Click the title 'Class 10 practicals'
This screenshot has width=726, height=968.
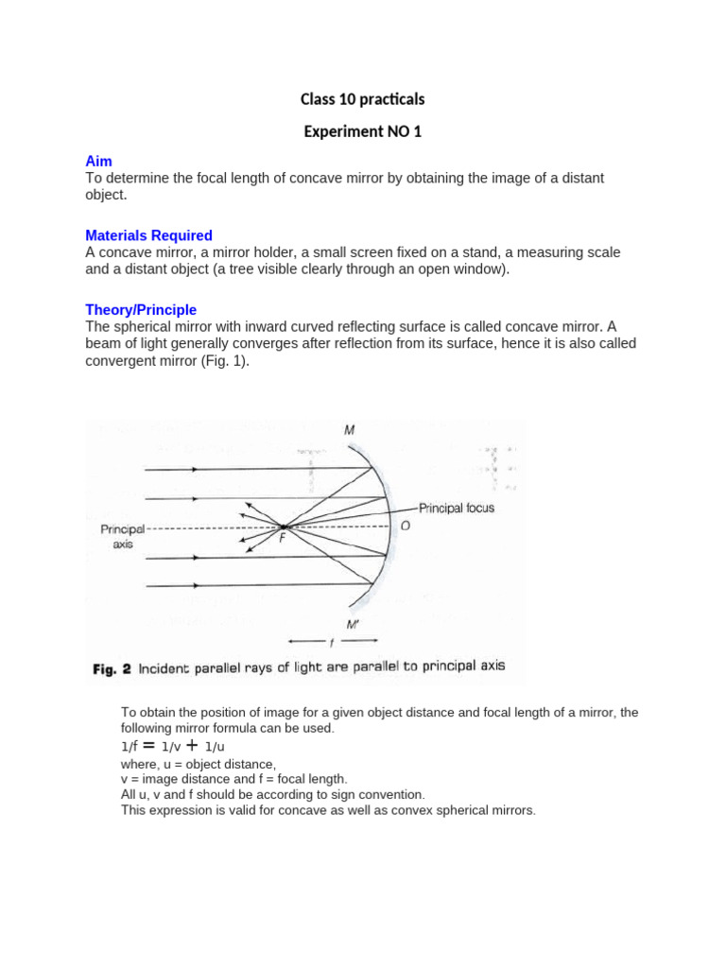coord(362,99)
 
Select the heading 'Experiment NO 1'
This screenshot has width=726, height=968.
coord(362,132)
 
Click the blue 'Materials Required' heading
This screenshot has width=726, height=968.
coord(148,235)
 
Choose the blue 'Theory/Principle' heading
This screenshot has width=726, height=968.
coord(141,309)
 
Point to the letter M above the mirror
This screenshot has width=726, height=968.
coord(350,431)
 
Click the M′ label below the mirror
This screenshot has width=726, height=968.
coord(353,625)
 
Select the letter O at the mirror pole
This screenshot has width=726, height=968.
coord(405,526)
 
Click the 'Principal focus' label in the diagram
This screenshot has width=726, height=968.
coord(457,508)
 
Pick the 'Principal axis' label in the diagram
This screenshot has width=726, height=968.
coord(123,538)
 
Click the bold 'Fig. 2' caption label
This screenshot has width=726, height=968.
coord(112,669)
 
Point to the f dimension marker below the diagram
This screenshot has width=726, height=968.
coord(331,642)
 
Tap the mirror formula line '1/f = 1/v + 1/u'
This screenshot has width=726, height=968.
coord(173,746)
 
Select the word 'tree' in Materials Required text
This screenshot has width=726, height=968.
coord(246,269)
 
